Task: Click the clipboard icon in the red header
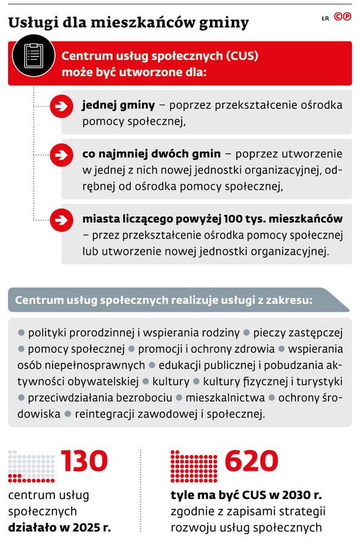point(31,59)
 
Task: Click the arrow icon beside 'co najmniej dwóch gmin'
point(60,154)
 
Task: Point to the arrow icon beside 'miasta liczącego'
point(60,219)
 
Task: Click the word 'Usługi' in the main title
point(33,23)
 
